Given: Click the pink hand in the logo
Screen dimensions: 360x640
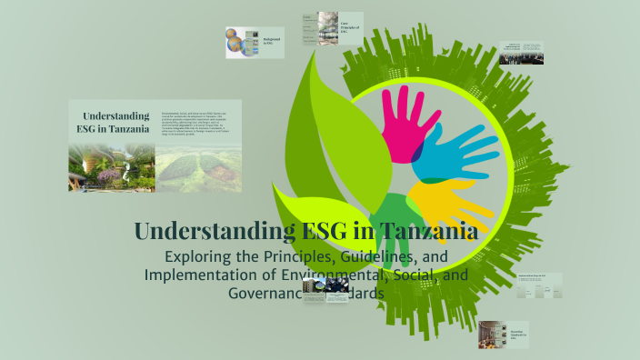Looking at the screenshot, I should coord(399,123).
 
